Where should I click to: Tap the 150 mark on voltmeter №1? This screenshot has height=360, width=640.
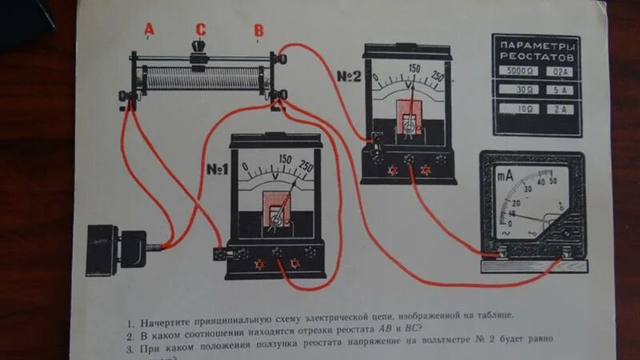click(x=285, y=158)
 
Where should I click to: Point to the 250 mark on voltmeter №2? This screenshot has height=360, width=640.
click(x=437, y=77)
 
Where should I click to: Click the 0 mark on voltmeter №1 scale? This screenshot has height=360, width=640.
click(x=246, y=169)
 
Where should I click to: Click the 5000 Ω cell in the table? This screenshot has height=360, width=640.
click(x=514, y=72)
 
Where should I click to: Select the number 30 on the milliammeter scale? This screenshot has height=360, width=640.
click(x=526, y=189)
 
